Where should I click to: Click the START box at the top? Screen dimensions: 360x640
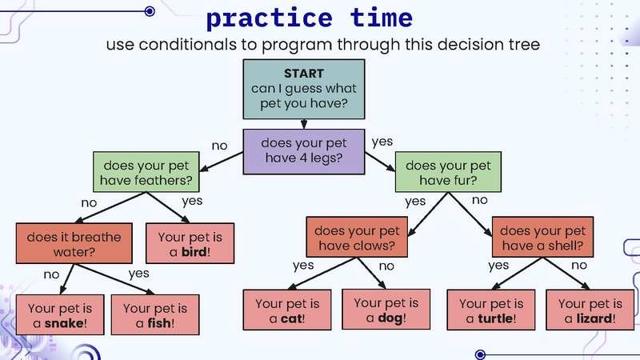tap(304, 88)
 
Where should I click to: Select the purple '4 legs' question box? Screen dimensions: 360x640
tap(304, 150)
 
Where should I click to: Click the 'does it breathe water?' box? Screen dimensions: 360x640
tap(74, 244)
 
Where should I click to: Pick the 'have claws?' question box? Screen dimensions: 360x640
tap(356, 238)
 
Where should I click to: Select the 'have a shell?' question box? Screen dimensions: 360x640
tap(542, 238)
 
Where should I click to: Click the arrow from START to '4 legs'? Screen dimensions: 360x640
tap(304, 123)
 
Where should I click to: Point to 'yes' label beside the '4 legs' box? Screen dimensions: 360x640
tap(382, 142)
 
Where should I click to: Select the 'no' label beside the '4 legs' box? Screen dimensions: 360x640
tap(219, 146)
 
